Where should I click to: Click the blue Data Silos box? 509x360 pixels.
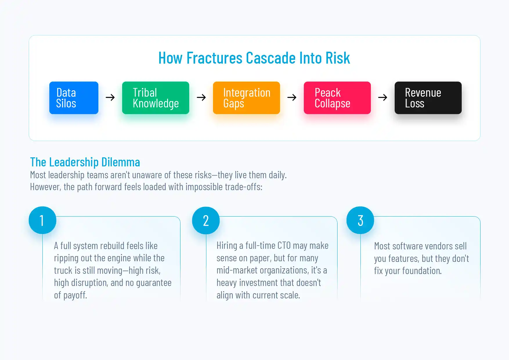point(74,98)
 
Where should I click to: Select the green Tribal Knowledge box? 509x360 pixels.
point(156,98)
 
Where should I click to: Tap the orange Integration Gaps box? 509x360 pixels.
point(246,98)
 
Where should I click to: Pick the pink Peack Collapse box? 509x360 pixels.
point(337,98)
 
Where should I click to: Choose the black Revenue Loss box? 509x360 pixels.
point(428,98)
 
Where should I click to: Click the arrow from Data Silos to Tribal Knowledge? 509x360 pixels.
point(110,98)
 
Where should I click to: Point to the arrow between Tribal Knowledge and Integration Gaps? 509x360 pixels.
point(201,98)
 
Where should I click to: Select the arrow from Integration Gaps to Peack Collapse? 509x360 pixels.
point(292,98)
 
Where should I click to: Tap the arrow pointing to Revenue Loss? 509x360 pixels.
point(383,98)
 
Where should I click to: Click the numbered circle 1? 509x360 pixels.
point(42,220)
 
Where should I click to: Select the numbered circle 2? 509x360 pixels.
point(206,221)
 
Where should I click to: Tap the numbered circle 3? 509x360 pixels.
point(360,220)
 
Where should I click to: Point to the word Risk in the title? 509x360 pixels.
point(338,58)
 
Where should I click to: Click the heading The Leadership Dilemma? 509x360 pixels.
point(85,162)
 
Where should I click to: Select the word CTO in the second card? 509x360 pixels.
point(284,246)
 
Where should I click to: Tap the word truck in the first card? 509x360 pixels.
point(63,270)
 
